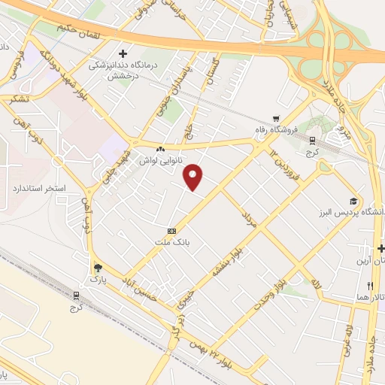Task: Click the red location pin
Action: (x=194, y=177)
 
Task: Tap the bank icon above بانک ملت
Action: (x=172, y=231)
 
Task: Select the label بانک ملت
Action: (x=172, y=244)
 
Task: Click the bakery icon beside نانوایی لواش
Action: (x=160, y=149)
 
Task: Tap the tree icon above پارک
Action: (x=97, y=267)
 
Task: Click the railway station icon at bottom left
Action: (x=75, y=296)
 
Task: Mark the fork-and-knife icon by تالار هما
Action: (x=371, y=286)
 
